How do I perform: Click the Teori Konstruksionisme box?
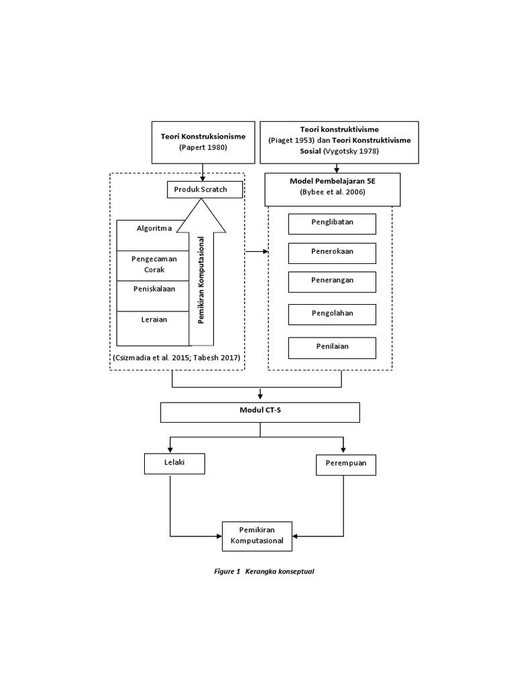203,142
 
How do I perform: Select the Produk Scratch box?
201,190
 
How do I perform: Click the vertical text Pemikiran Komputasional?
201,279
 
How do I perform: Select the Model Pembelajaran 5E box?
333,188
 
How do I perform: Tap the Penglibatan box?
332,224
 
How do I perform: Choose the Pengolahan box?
332,314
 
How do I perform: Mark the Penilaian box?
332,347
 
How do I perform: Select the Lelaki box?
174,464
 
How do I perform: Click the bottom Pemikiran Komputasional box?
257,536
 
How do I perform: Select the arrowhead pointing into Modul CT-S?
260,397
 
